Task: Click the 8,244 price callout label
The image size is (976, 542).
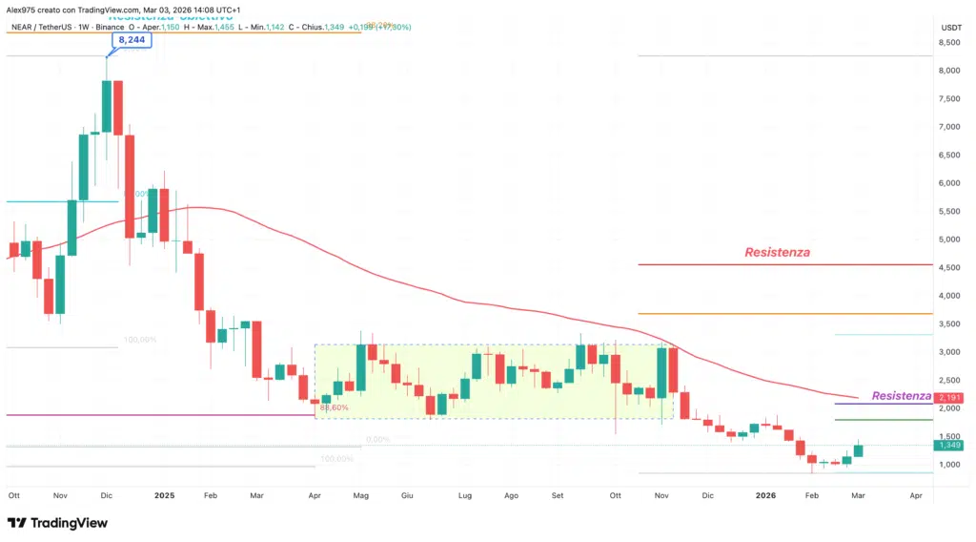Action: tap(132, 41)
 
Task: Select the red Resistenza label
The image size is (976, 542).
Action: tap(778, 252)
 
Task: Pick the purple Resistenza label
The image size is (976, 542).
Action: tap(901, 395)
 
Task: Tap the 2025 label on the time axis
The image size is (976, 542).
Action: tap(166, 496)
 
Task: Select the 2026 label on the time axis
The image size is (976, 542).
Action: tap(765, 496)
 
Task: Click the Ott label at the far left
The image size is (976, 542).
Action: tap(14, 496)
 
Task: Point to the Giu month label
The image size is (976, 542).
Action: tap(407, 496)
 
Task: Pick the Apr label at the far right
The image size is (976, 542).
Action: tap(915, 496)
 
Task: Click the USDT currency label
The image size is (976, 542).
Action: tap(950, 28)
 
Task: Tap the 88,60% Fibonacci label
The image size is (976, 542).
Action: tap(334, 407)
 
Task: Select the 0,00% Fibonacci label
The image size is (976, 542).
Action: tap(378, 440)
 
